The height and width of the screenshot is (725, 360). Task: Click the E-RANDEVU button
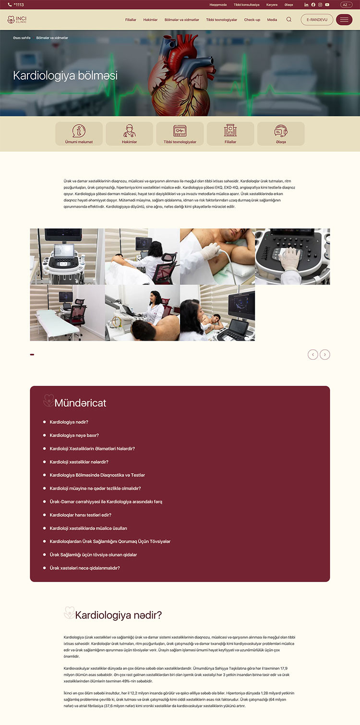(x=317, y=20)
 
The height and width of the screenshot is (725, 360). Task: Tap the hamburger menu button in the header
(x=344, y=20)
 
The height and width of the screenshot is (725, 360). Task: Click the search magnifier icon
(x=289, y=19)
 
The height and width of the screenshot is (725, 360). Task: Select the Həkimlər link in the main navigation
(x=150, y=20)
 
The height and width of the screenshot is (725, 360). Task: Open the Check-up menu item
(x=252, y=20)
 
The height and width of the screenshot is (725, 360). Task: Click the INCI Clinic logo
(x=17, y=19)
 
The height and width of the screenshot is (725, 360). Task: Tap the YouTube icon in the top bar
(x=327, y=4)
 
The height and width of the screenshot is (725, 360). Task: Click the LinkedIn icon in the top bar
(x=306, y=4)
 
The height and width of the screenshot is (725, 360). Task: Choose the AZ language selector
(x=346, y=4)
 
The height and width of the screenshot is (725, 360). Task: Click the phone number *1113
(x=16, y=4)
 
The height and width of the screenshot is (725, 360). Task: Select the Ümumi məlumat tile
(x=79, y=134)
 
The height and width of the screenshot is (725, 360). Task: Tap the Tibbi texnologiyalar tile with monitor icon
(x=180, y=134)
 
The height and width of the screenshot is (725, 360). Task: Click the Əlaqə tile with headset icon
(x=281, y=134)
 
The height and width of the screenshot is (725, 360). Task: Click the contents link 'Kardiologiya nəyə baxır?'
(x=74, y=435)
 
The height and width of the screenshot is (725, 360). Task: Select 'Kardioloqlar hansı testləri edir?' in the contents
(x=80, y=515)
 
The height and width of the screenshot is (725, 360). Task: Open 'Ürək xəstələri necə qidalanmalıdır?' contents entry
(x=84, y=568)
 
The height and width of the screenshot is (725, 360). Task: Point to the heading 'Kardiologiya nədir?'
(x=118, y=615)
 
